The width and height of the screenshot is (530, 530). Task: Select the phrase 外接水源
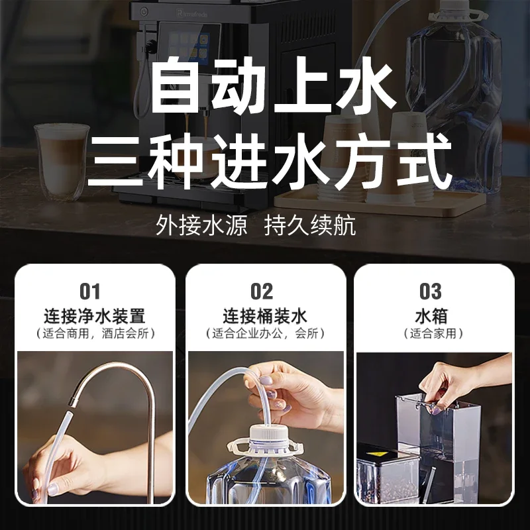pos(201,225)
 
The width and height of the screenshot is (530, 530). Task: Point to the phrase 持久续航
pos(310,225)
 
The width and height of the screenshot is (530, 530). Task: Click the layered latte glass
pos(61,159)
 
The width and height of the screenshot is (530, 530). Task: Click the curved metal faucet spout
pos(116,384)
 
